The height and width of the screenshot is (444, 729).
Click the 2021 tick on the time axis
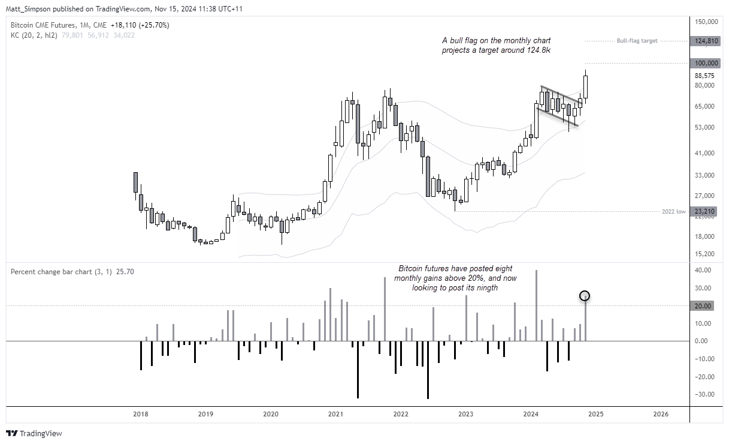coord(335,414)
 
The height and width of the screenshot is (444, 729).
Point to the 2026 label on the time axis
coord(661,414)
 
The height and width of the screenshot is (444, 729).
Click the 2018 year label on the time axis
coord(141,414)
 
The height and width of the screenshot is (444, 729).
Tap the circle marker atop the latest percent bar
coord(585,296)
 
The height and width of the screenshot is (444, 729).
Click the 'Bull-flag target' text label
coord(637,41)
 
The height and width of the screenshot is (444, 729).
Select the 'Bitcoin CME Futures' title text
coord(43,25)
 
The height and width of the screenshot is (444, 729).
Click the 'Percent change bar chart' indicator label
coord(49,272)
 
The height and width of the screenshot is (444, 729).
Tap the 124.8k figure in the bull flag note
coord(539,50)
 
